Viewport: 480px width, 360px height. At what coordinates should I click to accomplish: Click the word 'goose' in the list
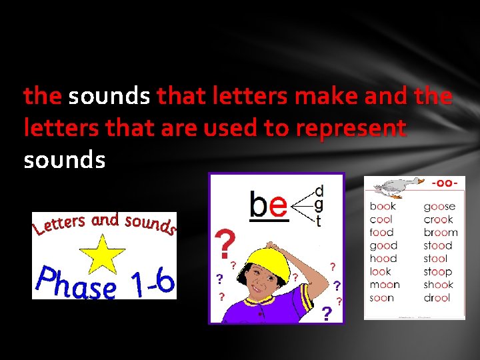tap(439, 207)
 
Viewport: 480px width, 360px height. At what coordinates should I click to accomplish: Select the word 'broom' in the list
tap(441, 233)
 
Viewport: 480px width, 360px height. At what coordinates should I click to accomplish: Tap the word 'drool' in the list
tap(438, 298)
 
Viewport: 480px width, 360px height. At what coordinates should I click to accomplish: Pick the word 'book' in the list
tap(383, 207)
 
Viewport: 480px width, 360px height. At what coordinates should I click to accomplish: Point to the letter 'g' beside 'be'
tap(319, 205)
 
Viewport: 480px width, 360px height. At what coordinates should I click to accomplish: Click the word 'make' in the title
tap(329, 97)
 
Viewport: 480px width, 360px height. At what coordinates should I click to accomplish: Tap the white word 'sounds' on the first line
tap(109, 97)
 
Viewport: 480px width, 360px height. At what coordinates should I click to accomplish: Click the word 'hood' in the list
tap(383, 259)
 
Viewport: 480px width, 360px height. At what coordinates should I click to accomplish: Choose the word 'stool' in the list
tap(436, 259)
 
